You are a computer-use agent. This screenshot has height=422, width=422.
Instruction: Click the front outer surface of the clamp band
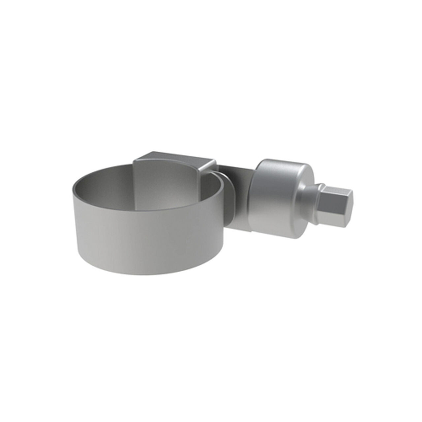pyautogui.click(x=148, y=237)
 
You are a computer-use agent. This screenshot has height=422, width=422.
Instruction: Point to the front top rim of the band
pyautogui.click(x=148, y=211)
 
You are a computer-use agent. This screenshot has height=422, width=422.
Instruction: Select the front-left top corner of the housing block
pyautogui.click(x=135, y=161)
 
